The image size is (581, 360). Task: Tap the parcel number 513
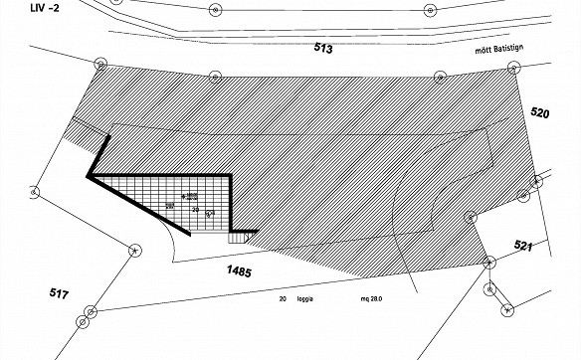point(322,48)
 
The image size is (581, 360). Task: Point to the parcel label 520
point(541,113)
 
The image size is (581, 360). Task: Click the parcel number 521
point(524,245)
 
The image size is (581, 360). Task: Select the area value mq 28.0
point(358,298)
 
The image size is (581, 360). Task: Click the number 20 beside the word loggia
point(284,298)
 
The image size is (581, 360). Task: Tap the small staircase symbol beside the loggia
point(237,237)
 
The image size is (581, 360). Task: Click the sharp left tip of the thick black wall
point(89,177)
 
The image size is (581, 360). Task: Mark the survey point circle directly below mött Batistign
point(513,69)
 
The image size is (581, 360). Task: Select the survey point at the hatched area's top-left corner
point(100,64)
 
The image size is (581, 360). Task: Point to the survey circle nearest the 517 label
point(92,311)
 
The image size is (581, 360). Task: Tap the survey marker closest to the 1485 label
point(132,250)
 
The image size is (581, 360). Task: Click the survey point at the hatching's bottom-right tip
point(488,262)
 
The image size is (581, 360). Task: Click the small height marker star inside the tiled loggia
point(183,195)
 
